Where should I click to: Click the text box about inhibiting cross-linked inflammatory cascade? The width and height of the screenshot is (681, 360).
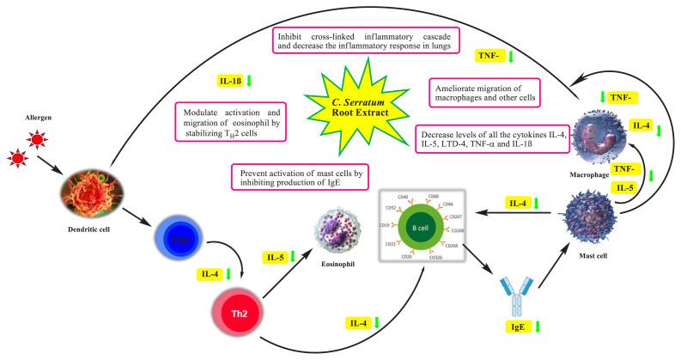click(366, 40)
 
